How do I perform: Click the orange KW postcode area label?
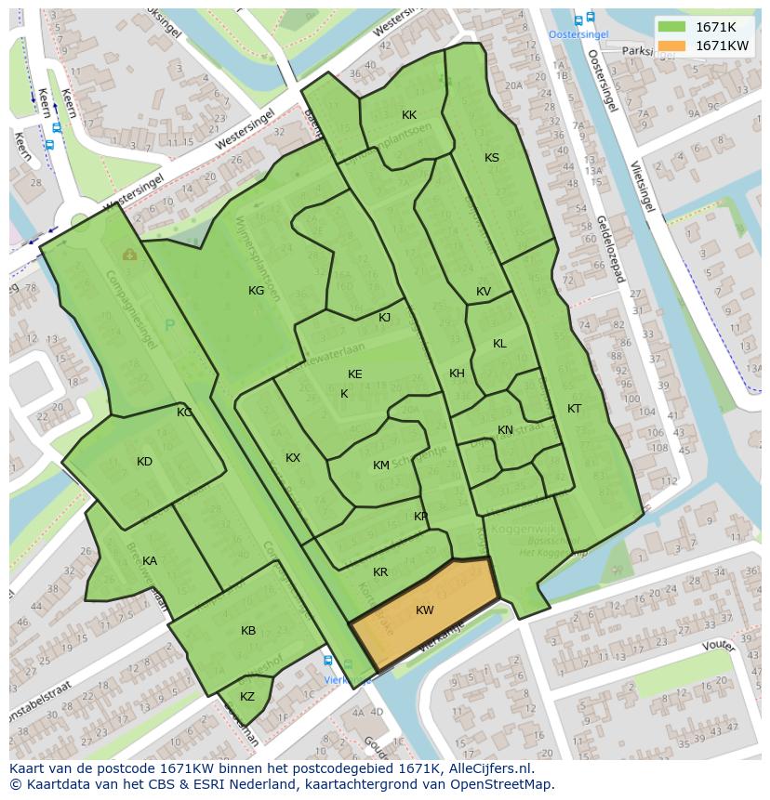(x=425, y=610)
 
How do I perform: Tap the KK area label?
(x=409, y=115)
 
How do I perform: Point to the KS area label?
(x=492, y=158)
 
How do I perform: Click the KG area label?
(x=256, y=291)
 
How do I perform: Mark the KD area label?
(x=144, y=462)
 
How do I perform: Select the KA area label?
(x=150, y=561)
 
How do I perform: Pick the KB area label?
(x=248, y=631)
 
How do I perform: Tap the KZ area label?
(x=247, y=697)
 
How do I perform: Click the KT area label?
(x=575, y=409)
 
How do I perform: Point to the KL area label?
(x=499, y=344)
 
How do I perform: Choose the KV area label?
(x=484, y=292)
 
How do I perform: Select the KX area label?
(x=293, y=458)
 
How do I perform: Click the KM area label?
(x=381, y=466)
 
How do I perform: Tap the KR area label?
(x=380, y=572)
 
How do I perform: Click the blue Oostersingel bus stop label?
(x=577, y=34)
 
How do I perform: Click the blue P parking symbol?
(x=169, y=325)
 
